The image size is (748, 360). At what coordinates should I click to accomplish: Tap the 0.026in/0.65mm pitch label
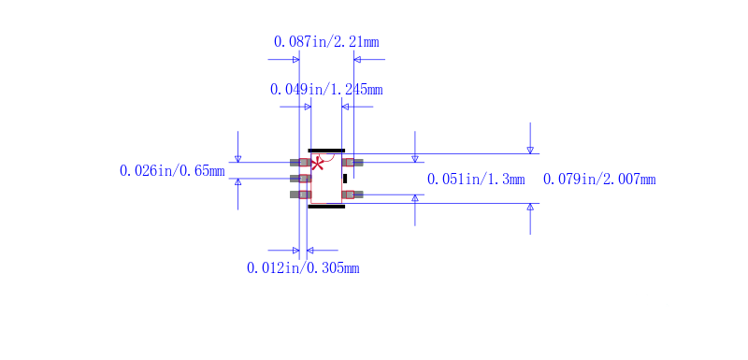172,171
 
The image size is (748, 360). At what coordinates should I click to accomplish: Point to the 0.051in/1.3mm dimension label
475,180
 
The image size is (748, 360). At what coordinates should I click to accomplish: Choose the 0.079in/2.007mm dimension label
598,180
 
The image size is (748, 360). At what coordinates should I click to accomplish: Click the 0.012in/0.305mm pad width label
302,268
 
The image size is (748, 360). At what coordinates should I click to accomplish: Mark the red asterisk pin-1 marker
317,164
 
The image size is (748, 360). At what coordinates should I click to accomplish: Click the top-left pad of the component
300,163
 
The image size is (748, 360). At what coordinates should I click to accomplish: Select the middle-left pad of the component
300,178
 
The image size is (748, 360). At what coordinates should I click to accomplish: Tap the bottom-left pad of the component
300,194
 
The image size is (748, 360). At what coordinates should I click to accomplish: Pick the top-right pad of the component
352,163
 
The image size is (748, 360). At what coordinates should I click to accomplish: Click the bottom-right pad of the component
352,194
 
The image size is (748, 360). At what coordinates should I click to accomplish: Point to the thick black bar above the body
326,151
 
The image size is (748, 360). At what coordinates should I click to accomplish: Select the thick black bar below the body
326,207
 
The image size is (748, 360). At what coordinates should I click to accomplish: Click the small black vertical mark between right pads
345,178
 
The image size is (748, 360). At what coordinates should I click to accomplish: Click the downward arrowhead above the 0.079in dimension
530,149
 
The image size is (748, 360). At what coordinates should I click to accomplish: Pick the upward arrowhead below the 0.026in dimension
237,181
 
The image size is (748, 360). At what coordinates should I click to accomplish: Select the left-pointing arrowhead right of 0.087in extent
358,60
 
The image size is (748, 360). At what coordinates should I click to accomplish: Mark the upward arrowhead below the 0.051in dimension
415,199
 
